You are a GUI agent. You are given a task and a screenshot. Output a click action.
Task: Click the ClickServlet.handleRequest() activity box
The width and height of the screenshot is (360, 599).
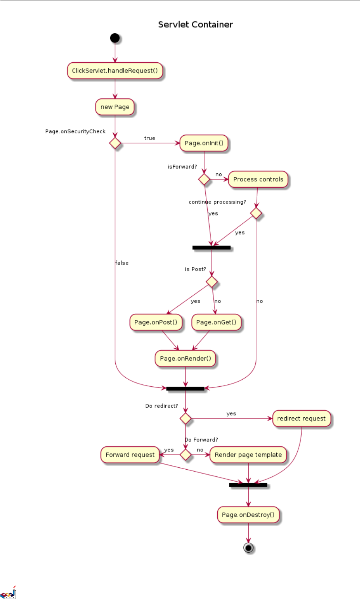[x=115, y=71]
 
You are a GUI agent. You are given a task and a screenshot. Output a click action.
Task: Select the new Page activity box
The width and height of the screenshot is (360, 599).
[x=115, y=107]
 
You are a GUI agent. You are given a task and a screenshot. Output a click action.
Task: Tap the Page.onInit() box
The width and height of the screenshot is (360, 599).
[x=204, y=143]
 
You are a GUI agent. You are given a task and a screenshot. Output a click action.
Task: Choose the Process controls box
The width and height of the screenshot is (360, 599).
[x=258, y=180]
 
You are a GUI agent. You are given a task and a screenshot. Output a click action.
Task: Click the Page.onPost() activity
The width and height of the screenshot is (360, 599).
[x=156, y=323]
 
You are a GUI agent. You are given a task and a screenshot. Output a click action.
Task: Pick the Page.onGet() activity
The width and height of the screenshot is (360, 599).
[x=216, y=323]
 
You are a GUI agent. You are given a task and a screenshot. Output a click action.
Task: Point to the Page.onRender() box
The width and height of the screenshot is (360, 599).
[x=186, y=359]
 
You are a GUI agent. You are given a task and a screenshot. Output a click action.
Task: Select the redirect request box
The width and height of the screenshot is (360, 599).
[x=301, y=419]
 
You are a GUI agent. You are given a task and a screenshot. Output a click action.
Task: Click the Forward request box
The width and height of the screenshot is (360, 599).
[x=130, y=455]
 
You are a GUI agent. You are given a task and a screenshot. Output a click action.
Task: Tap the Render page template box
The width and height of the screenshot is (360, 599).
[x=248, y=455]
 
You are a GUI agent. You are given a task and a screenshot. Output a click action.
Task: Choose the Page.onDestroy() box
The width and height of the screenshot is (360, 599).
[x=248, y=515]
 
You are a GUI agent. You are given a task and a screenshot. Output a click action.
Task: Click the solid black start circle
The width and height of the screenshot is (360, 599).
[x=115, y=38]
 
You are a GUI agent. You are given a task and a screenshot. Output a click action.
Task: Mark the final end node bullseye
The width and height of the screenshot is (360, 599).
[x=249, y=548]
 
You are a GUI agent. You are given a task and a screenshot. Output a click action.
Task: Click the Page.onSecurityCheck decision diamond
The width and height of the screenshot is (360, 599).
[x=115, y=143]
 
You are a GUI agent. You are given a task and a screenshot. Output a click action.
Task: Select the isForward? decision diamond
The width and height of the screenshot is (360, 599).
[x=204, y=179]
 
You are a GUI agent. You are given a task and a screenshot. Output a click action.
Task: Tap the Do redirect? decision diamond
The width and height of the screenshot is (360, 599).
[x=186, y=419]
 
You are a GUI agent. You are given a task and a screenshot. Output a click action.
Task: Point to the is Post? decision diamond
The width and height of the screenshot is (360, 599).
[x=212, y=282]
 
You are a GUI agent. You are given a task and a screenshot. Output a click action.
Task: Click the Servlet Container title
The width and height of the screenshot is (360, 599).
[x=195, y=25]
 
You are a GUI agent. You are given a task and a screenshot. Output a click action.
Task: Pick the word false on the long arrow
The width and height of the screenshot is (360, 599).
[x=122, y=263]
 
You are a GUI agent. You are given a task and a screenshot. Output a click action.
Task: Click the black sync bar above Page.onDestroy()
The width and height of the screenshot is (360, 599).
[x=248, y=485]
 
